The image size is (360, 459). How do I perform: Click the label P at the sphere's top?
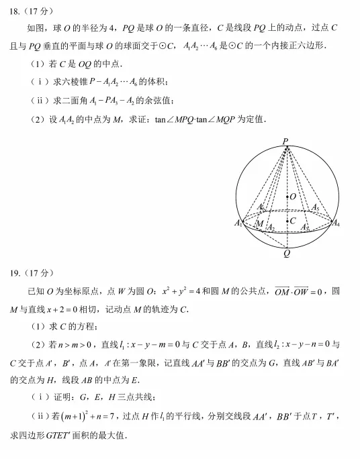[x=285, y=142]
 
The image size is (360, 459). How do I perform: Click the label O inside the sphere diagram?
[x=293, y=197]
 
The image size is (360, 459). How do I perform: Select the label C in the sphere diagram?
[x=293, y=219]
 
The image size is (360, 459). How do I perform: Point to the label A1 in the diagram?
[x=238, y=223]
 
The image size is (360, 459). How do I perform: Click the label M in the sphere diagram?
[x=259, y=223]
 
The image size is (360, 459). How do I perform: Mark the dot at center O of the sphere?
[x=287, y=197]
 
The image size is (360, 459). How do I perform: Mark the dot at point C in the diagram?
[x=287, y=219]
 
